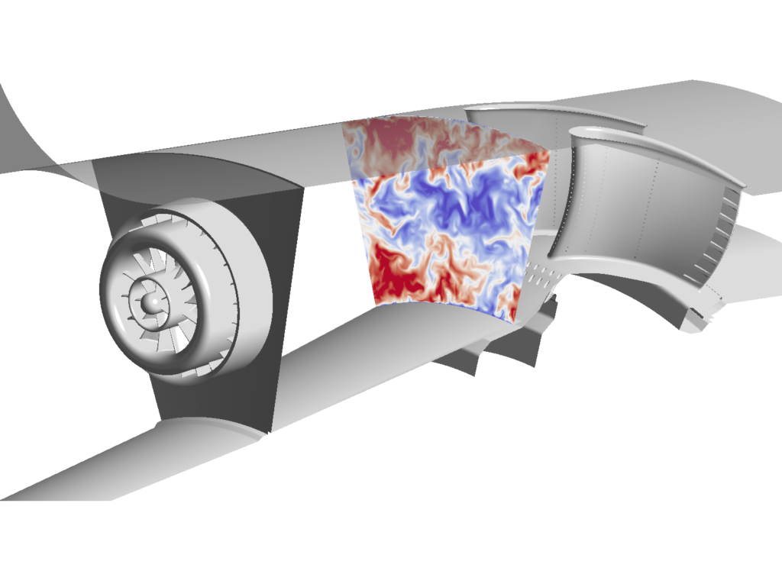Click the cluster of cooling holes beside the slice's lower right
coord(539,273)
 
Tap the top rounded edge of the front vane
coord(657,149)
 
